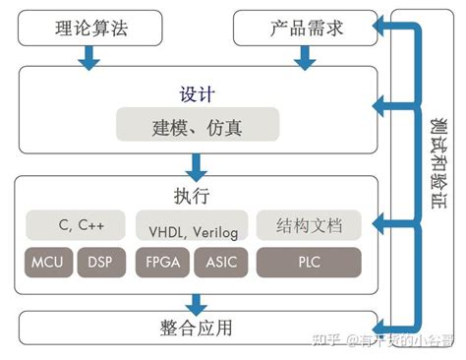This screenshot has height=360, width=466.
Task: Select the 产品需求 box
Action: (304, 27)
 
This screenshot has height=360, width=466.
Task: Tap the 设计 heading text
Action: (198, 94)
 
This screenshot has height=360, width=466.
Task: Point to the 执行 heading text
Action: (198, 194)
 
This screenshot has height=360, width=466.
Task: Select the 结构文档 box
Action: (308, 225)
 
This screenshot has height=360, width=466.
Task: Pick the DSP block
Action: (101, 263)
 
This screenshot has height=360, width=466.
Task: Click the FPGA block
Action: (162, 263)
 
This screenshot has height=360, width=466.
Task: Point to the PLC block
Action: (308, 263)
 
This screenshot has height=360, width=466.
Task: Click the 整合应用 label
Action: (198, 327)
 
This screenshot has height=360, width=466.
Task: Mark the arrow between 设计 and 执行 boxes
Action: (198, 164)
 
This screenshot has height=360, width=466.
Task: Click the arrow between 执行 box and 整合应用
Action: (198, 298)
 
